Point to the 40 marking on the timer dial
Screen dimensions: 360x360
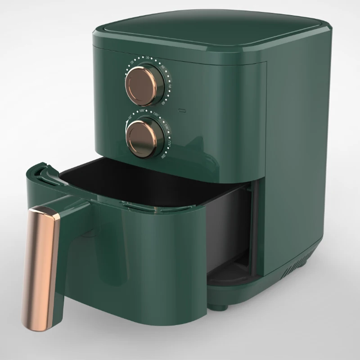(162, 67)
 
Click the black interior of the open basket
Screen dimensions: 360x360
(148, 180)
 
